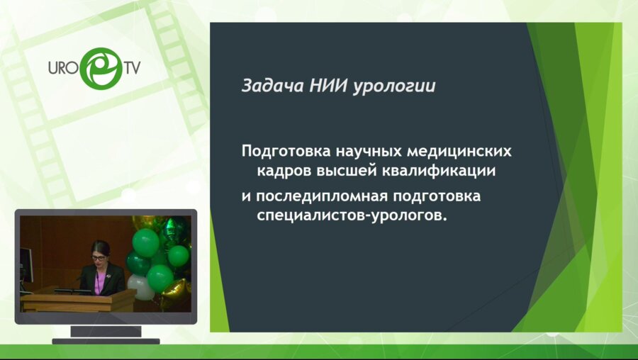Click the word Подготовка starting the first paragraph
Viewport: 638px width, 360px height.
[281, 152]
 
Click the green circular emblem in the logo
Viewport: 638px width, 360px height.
[99, 68]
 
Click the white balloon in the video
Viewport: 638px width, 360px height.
[141, 286]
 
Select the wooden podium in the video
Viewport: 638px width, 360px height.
[78, 301]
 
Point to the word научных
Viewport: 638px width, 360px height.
[362, 152]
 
